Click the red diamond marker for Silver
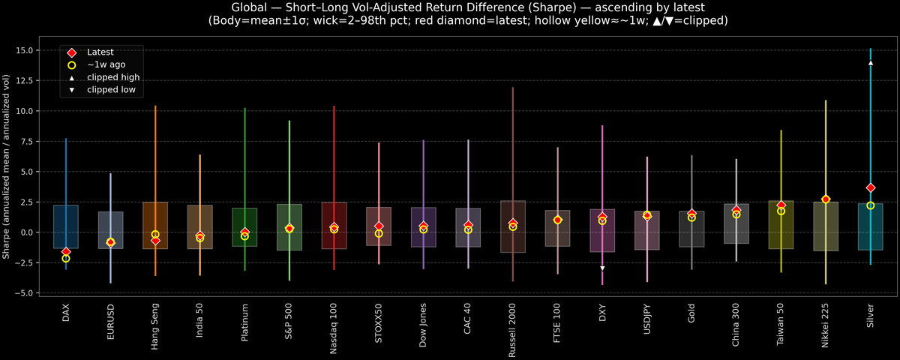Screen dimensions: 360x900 coord(870,187)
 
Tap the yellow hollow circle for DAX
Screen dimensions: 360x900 coord(66,258)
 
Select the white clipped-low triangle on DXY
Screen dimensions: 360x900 coord(602,268)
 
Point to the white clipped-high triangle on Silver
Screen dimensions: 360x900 coord(870,63)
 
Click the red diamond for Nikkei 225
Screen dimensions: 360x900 coord(826,199)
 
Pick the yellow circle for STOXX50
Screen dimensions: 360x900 coord(379,233)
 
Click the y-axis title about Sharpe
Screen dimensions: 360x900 coord(7,166)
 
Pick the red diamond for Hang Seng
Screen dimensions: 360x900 coord(155,240)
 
